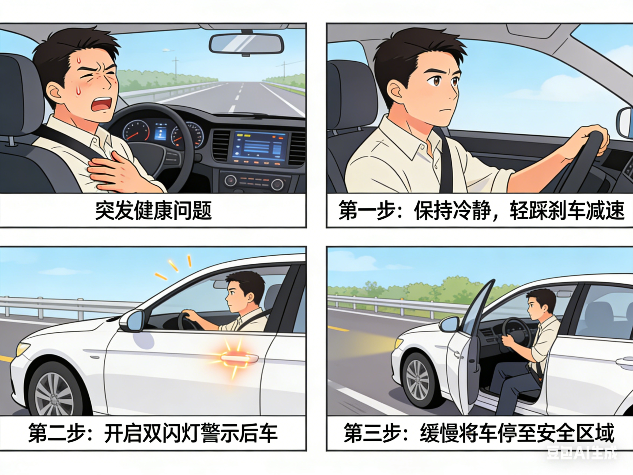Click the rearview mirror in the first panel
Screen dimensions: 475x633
point(246,44)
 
